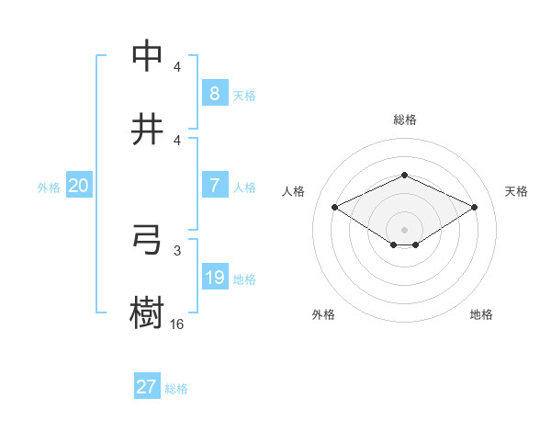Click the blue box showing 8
[214, 93]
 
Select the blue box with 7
[214, 186]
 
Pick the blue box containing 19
[214, 278]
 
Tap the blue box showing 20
[79, 186]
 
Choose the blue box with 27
[147, 387]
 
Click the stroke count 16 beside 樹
[177, 324]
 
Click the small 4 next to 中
[177, 67]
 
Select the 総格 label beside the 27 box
[176, 389]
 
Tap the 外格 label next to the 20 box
[49, 188]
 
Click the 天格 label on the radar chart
[516, 191]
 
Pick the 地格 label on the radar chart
[481, 314]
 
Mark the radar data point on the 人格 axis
[335, 207]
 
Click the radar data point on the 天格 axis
[474, 207]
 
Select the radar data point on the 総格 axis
[404, 175]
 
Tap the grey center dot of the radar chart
[404, 229]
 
